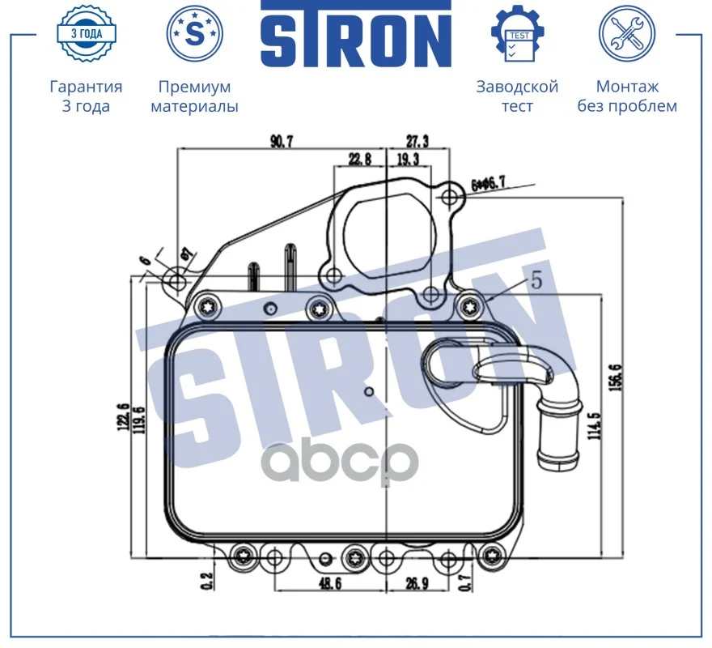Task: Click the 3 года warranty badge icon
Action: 87,34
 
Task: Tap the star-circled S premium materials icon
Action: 195,34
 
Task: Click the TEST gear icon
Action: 518,34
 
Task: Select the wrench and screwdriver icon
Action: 627,34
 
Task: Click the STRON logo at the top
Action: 356,34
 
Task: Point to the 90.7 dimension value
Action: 282,142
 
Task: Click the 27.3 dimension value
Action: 417,142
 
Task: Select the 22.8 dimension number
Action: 359,159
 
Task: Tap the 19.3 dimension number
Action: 408,159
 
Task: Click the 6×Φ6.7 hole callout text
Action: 488,184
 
